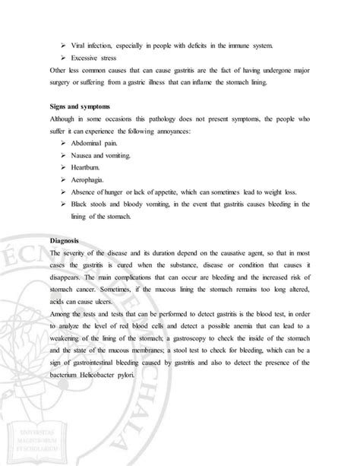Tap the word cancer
89,320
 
